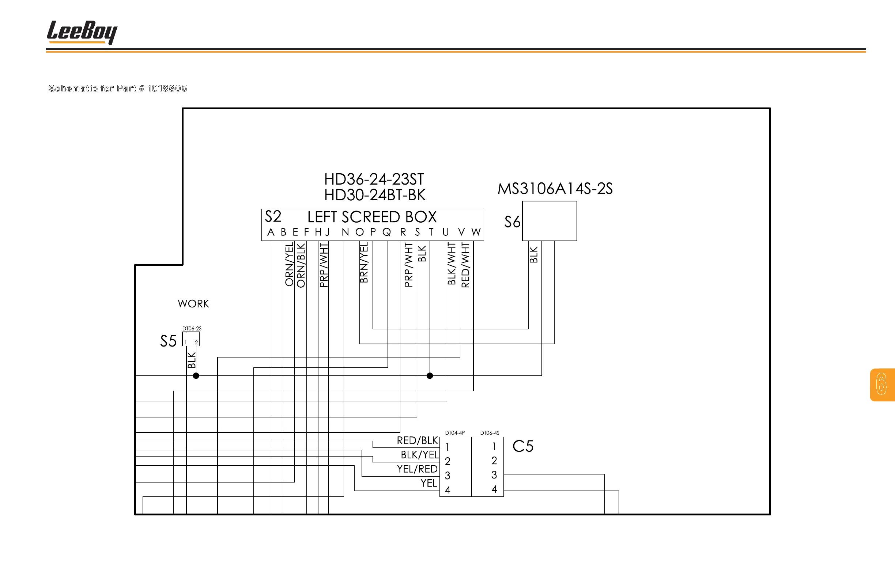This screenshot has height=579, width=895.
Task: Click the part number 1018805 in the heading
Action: pos(167,88)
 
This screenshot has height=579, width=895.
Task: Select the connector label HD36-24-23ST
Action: pos(374,179)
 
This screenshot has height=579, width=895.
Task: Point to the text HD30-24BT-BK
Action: pos(374,195)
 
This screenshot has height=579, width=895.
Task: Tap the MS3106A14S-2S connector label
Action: pos(555,189)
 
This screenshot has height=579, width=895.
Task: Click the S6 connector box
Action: pos(549,221)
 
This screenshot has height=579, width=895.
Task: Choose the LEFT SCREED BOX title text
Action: pos(372,217)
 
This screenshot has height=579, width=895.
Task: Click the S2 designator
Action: pos(273,216)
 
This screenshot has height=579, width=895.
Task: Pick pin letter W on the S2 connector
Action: pos(476,232)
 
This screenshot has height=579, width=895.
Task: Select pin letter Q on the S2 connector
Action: pos(386,232)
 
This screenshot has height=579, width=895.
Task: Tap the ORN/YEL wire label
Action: pos(289,264)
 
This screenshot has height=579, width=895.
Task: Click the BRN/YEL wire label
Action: pos(364,262)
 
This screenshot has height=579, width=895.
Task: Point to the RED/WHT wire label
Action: pos(465,265)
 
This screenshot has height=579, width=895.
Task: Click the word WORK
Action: pos(193,304)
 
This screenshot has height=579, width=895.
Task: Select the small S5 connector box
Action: pos(191,339)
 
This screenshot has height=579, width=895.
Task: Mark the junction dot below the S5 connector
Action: pos(196,376)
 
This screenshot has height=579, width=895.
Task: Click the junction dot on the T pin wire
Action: pos(430,376)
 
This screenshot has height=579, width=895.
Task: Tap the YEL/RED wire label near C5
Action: pos(417,469)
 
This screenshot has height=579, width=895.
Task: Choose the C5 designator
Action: pos(523,446)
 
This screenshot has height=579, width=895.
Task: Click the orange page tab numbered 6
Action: pos(882,385)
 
